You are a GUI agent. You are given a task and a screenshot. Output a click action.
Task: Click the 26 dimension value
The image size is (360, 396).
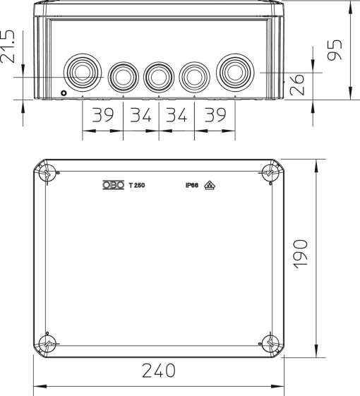[300, 87]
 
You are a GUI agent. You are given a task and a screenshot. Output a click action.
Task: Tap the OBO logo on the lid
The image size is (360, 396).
[114, 186]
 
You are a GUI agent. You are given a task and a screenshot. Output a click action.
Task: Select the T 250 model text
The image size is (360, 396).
[137, 187]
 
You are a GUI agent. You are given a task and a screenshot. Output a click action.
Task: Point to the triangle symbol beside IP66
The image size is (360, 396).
[210, 186]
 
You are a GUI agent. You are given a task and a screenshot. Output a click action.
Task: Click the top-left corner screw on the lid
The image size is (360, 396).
[47, 172]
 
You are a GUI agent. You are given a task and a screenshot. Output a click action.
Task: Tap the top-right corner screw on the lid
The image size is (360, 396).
[270, 172]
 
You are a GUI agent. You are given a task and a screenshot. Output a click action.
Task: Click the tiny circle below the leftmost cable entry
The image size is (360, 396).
[64, 93]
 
